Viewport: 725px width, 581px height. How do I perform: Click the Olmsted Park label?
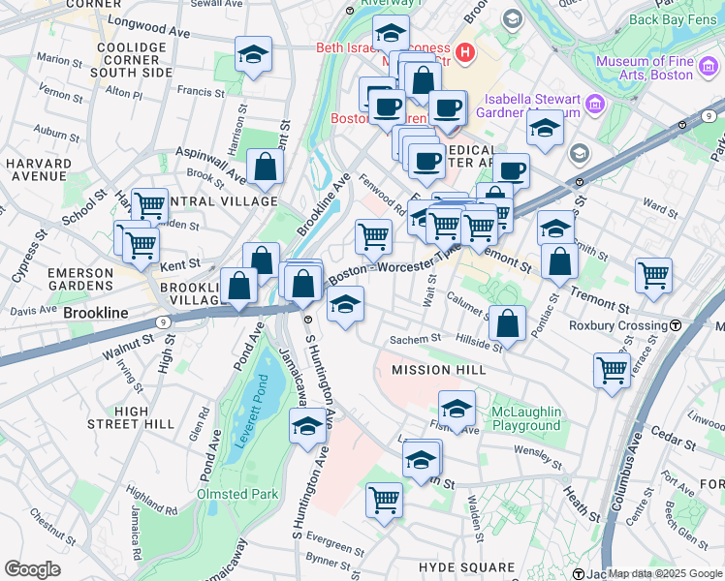[238, 494]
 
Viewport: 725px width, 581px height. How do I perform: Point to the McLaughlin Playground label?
[526, 418]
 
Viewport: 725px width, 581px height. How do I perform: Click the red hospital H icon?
[465, 51]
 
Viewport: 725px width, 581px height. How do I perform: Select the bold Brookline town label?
[96, 315]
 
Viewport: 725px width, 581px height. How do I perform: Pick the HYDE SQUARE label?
[466, 566]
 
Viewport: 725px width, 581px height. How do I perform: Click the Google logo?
[32, 569]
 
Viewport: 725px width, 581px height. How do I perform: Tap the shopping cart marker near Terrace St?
[613, 369]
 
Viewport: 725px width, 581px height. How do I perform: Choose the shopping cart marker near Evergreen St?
[384, 500]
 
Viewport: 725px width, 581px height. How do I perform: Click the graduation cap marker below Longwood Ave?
[253, 55]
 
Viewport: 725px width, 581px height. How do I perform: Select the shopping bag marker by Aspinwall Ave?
[265, 167]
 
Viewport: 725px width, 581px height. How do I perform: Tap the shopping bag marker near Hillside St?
[507, 323]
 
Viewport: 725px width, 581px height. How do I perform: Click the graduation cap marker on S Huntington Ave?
[308, 426]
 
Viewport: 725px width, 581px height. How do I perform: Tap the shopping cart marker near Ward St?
[653, 274]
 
